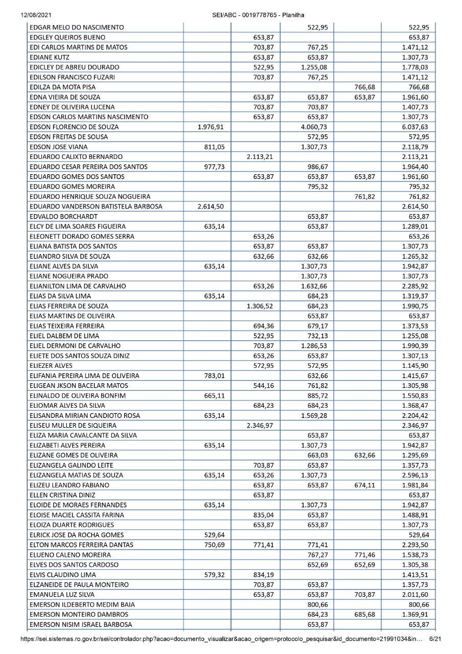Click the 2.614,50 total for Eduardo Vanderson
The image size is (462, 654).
[415, 205]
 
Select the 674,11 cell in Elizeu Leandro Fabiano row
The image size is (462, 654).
[364, 484]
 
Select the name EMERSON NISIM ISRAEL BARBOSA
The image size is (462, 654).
[81, 624]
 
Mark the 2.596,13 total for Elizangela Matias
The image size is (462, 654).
[415, 475]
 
